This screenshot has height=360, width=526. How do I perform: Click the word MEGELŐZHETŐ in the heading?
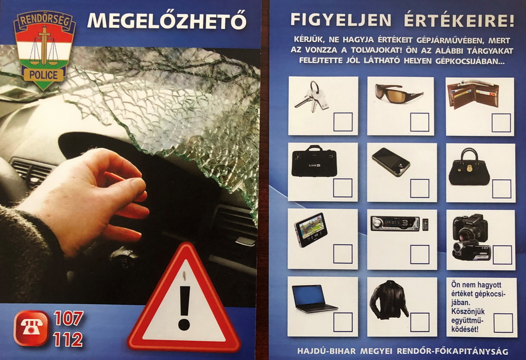tap(167, 21)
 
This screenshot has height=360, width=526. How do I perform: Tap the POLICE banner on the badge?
tap(44, 75)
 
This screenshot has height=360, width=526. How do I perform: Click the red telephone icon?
tap(31, 328)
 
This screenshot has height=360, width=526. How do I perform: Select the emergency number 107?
tap(68, 318)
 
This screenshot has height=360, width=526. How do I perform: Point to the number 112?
tap(68, 340)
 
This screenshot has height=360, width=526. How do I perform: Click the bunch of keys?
tap(311, 97)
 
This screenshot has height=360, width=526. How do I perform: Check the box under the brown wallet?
tap(501, 123)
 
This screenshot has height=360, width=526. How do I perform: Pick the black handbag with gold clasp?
tap(469, 167)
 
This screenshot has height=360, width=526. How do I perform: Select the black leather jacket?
tap(389, 300)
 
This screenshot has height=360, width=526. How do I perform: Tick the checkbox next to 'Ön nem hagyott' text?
tap(503, 323)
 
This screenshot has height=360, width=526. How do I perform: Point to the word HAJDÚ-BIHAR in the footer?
tap(326, 351)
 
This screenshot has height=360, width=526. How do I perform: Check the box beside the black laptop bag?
tap(342, 188)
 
